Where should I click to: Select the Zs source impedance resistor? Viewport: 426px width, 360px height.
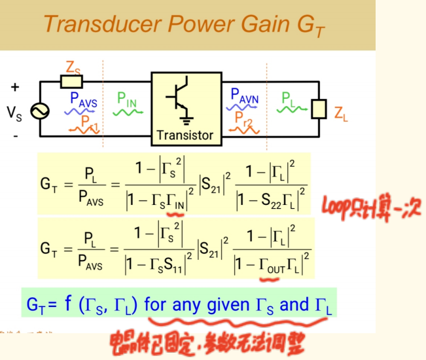[71, 81]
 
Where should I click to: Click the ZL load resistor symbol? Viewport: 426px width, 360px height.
[319, 109]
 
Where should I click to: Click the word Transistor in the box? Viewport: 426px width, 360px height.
[185, 135]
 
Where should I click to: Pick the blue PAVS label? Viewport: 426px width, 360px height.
[83, 99]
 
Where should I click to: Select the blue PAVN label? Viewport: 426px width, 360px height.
[244, 97]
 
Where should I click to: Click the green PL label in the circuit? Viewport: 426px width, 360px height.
[289, 98]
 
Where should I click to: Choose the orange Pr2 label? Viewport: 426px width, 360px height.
[244, 118]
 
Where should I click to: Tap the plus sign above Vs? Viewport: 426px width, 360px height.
[14, 87]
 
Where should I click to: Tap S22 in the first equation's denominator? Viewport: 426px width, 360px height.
[272, 202]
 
